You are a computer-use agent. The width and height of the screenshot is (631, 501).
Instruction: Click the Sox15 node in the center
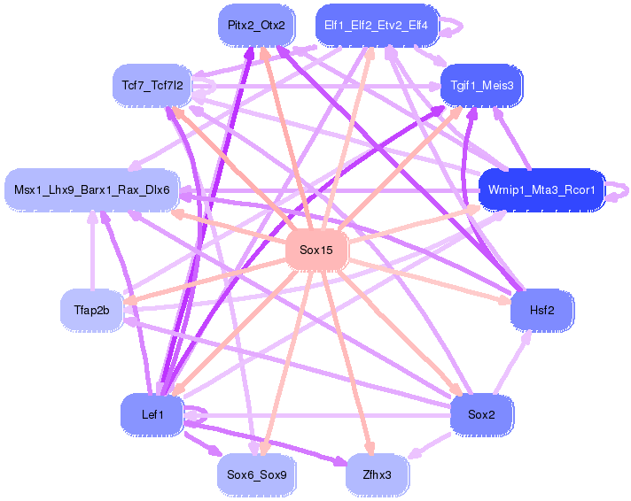[316, 250]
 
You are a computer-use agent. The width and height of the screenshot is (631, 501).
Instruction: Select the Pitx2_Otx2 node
[256, 25]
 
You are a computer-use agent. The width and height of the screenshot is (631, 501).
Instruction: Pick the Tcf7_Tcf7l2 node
[152, 86]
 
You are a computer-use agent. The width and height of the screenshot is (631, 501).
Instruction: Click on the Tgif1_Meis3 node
[482, 84]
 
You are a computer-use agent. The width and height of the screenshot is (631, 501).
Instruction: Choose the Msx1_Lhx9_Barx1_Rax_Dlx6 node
[92, 190]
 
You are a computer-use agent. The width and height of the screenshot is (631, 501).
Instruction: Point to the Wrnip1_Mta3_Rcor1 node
[541, 190]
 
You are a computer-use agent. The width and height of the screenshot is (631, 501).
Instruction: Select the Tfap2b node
[91, 309]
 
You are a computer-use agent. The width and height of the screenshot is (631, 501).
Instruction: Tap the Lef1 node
[152, 413]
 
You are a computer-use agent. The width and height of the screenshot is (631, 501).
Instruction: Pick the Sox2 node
[482, 413]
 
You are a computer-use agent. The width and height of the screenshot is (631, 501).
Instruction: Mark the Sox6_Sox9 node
[256, 474]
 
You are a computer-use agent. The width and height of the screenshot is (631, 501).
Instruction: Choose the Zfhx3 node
[377, 474]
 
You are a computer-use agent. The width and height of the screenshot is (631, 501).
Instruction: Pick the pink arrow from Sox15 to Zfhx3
[347, 363]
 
